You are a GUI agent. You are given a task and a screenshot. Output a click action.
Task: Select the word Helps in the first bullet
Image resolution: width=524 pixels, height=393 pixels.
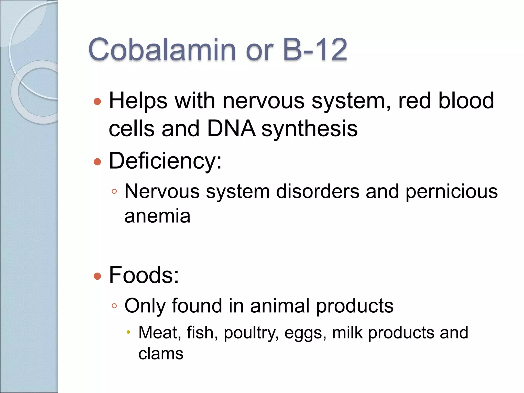[138, 101]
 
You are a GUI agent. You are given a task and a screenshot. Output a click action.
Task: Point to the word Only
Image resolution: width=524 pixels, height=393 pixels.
[145, 306]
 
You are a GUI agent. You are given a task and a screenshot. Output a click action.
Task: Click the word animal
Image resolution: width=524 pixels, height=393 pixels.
[280, 305]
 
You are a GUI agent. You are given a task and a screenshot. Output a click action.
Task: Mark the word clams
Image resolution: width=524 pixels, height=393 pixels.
[161, 354]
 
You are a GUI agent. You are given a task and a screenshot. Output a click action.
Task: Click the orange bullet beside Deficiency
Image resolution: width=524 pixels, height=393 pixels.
[97, 162]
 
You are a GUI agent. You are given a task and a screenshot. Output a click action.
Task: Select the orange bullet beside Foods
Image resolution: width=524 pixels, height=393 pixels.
[97, 276]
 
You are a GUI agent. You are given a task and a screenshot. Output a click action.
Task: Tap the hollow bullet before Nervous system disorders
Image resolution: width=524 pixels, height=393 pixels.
[114, 191]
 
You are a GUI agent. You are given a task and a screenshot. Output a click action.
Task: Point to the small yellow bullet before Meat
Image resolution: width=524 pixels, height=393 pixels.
[128, 332]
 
